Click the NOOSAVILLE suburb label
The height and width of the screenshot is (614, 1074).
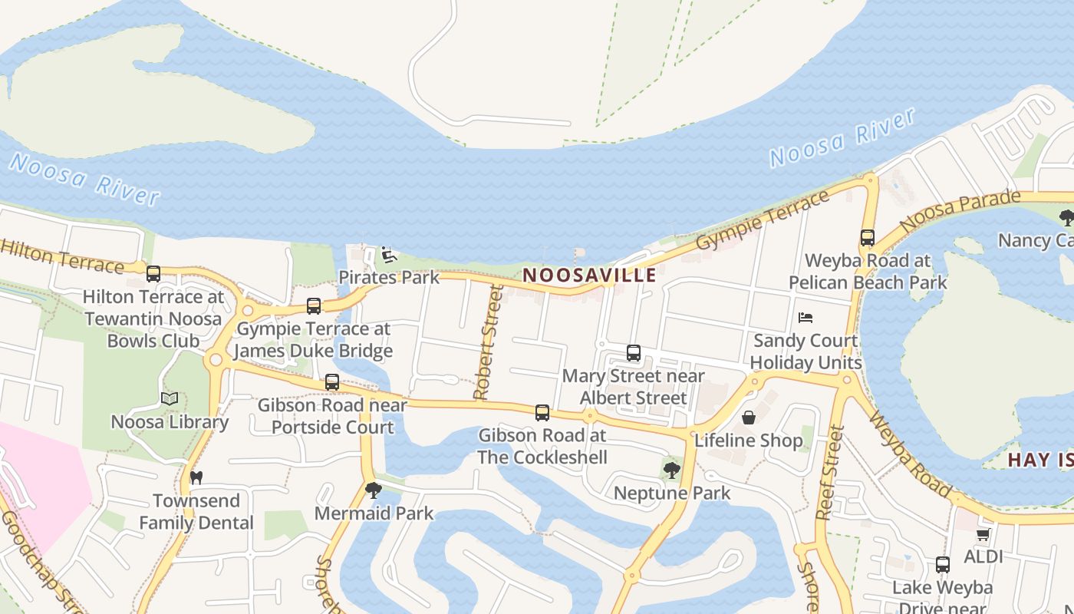pos(589,275)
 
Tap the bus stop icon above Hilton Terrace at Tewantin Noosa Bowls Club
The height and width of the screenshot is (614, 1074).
pos(153,273)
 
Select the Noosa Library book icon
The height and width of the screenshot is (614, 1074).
pos(170,399)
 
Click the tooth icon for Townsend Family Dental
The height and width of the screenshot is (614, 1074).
pos(196,477)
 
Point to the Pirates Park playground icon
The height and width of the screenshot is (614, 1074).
pos(389,255)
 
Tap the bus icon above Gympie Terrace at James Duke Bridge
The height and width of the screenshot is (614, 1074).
pos(313,306)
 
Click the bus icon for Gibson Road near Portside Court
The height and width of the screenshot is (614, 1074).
pos(332,381)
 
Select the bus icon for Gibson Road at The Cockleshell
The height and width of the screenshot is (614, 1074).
pos(542,413)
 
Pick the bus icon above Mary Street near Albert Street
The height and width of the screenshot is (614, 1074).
pos(634,353)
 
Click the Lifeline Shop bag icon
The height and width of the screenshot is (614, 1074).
pos(749,418)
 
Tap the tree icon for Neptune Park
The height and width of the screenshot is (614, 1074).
pos(672,470)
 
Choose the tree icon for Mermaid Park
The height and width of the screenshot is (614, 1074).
pos(374,490)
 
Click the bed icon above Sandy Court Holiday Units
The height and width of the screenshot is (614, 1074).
pos(805,317)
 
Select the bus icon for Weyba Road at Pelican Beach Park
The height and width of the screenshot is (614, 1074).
pos(868,238)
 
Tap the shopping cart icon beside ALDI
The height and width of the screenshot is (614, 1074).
pos(983,534)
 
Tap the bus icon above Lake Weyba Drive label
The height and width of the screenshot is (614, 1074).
pos(943,565)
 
